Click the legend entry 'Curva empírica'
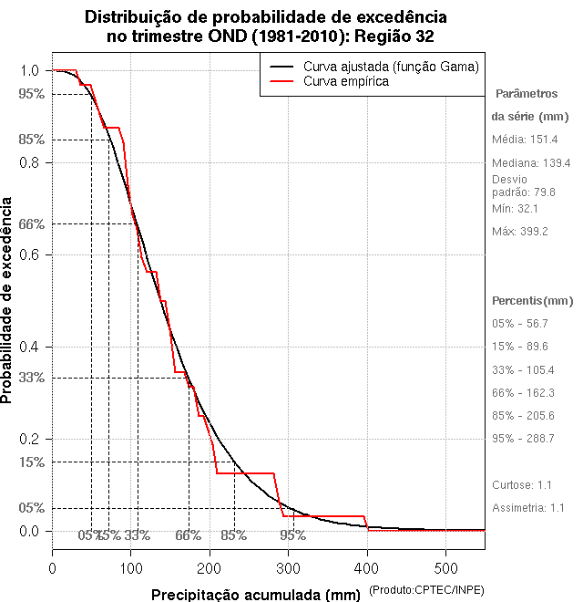(x=347, y=81)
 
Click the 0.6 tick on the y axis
(x=29, y=254)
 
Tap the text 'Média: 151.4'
(x=526, y=140)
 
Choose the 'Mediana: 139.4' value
(x=531, y=162)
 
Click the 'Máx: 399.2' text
(x=520, y=232)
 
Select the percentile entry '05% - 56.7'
(x=520, y=324)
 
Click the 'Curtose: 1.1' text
(x=523, y=484)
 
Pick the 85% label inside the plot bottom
(x=233, y=535)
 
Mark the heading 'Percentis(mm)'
(x=533, y=300)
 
